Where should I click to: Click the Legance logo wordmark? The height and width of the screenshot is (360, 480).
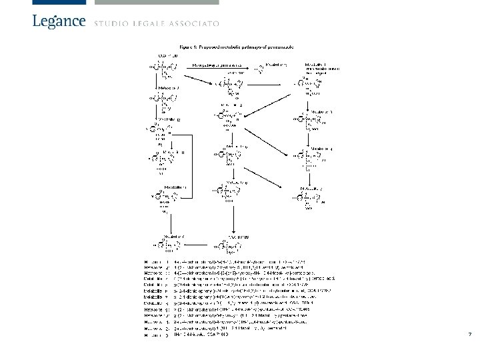(59, 21)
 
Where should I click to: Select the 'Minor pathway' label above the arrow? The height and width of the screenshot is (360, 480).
(217, 65)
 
